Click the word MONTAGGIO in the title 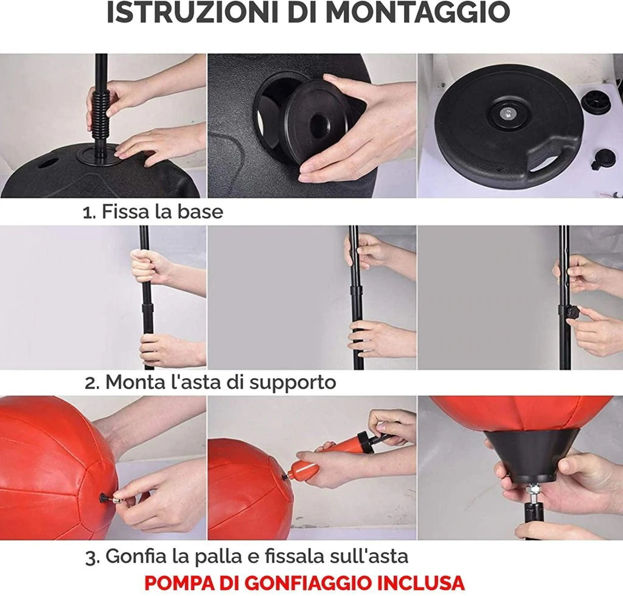pyautogui.click(x=417, y=12)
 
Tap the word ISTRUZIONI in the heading pyautogui.click(x=192, y=12)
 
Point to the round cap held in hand pyautogui.click(x=316, y=123)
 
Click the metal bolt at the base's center pyautogui.click(x=506, y=114)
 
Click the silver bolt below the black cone pyautogui.click(x=532, y=493)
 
